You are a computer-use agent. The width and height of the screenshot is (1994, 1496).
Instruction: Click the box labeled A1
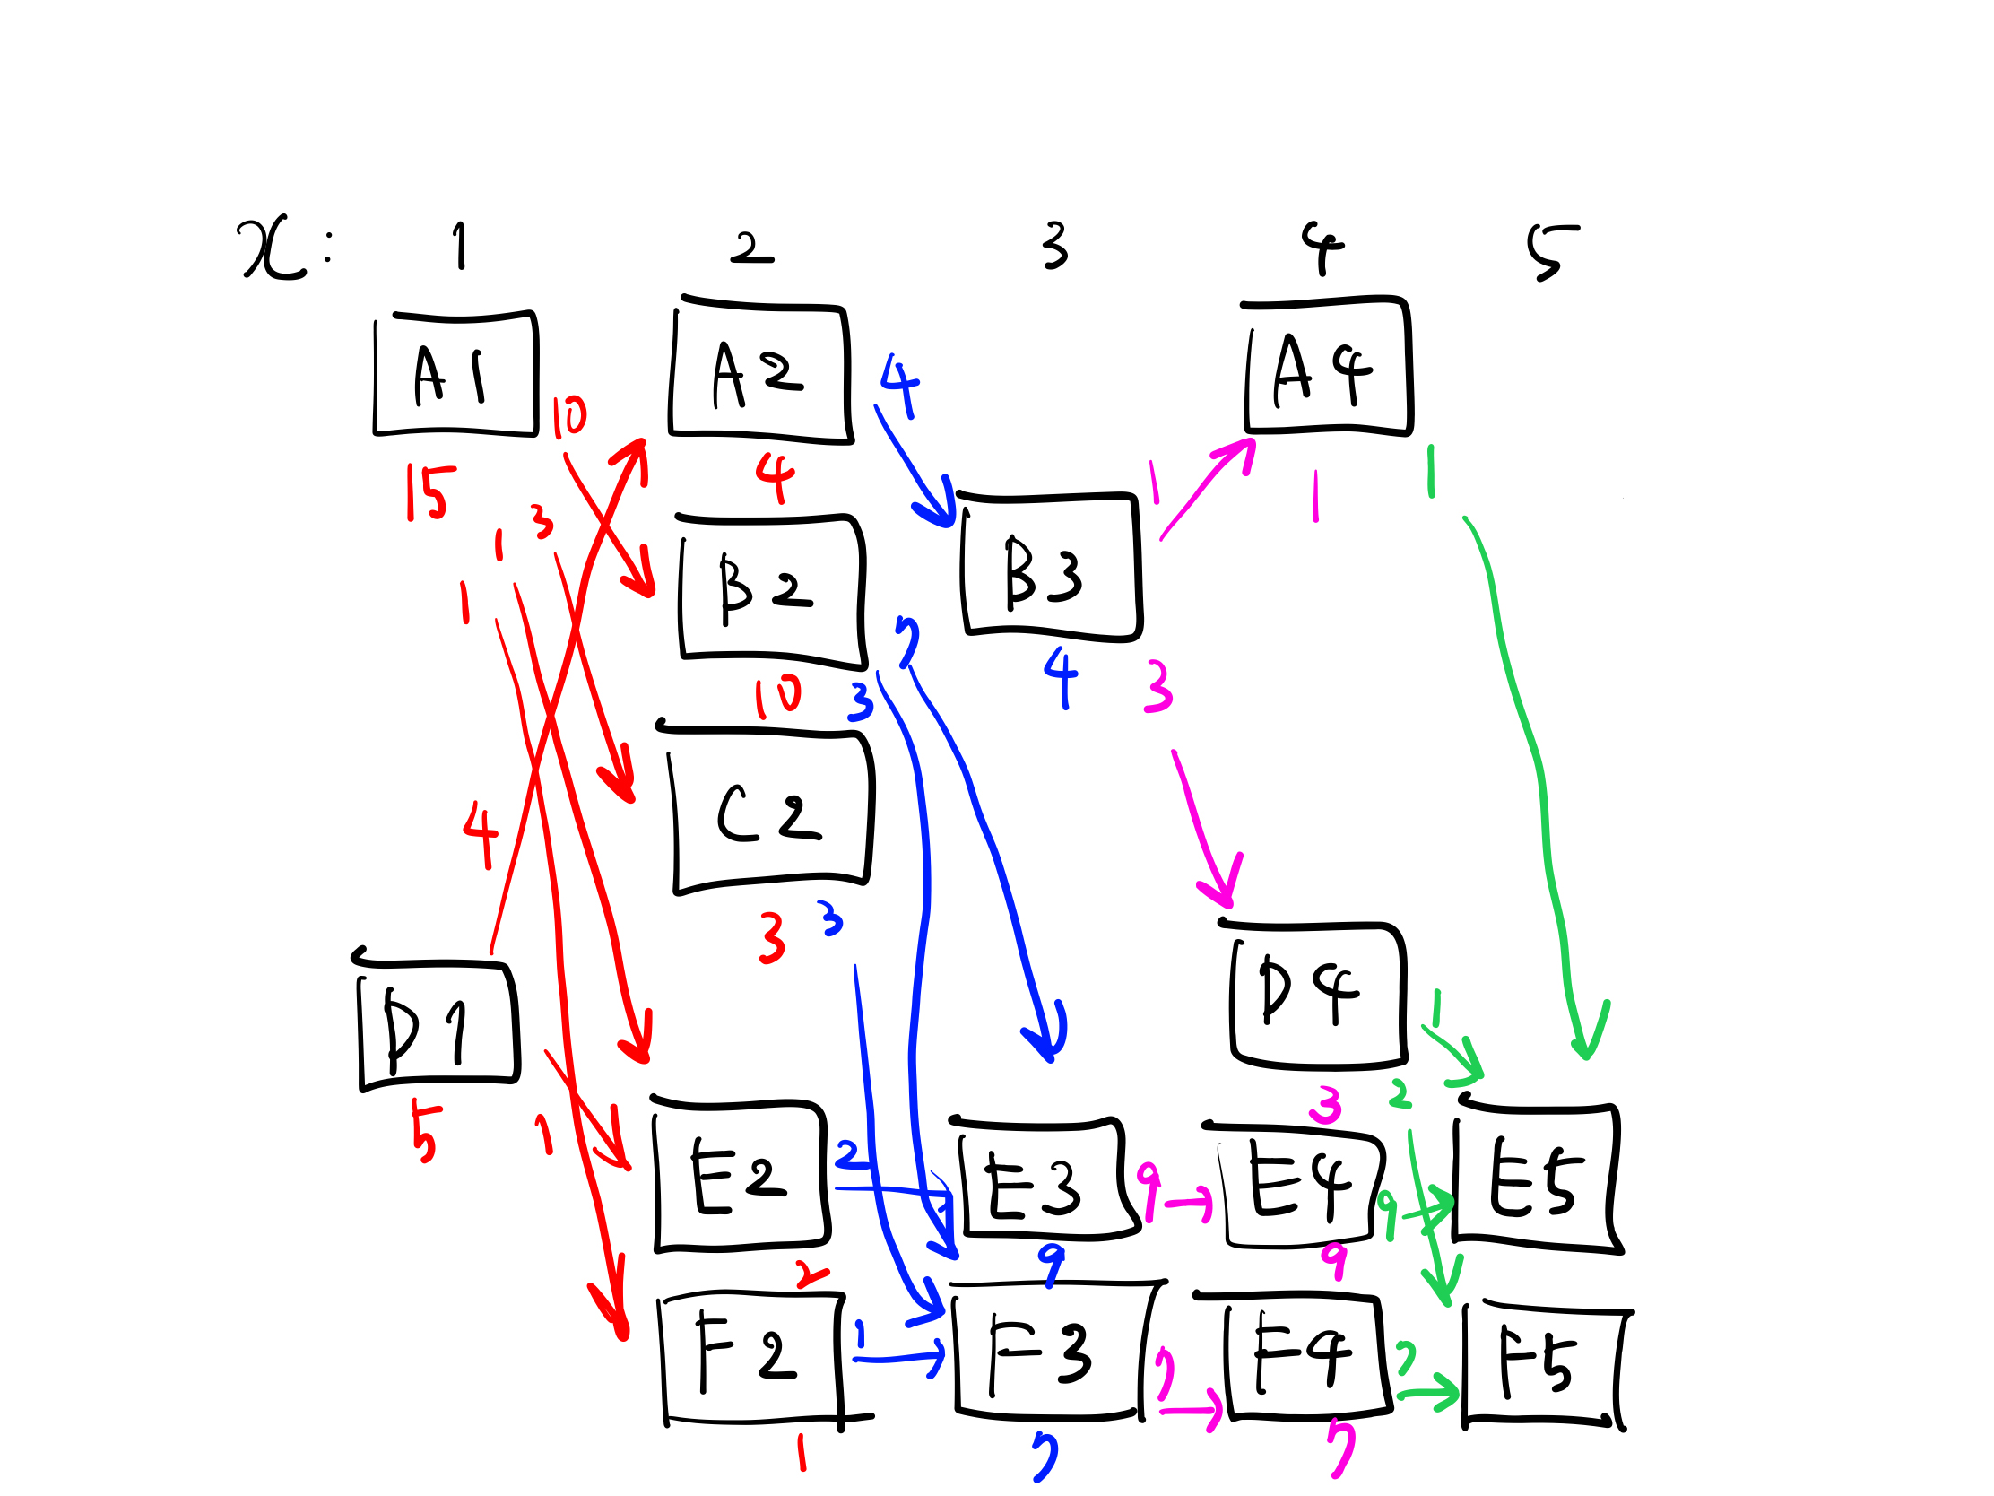pos(455,374)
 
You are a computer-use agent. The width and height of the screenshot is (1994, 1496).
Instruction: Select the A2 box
pos(759,372)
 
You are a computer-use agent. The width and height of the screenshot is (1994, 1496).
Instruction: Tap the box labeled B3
pos(1051,566)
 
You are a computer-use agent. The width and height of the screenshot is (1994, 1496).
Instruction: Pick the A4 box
pos(1328,367)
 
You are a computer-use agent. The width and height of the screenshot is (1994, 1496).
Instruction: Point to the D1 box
pos(438,1025)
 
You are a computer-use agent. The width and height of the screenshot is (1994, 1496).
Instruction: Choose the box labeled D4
pos(1318,995)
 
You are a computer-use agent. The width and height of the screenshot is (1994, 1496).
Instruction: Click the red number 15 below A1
pos(429,492)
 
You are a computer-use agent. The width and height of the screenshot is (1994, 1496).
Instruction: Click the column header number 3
pos(1053,246)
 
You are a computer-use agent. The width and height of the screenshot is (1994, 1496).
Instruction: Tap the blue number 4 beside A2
pos(899,385)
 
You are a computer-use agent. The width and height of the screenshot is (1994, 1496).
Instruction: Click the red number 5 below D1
pos(423,1133)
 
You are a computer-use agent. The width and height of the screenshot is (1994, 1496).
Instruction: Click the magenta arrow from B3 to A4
pos(1206,488)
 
